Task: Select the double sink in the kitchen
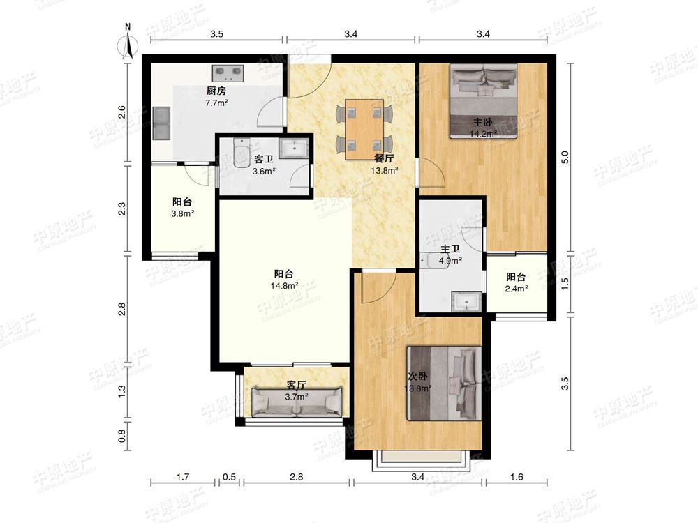[161, 123]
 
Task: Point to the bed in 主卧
[484, 100]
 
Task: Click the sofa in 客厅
[297, 402]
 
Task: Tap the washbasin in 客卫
[293, 148]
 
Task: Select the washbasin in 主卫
[466, 301]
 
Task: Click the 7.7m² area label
[217, 103]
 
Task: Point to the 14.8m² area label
[284, 285]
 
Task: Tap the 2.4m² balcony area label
[517, 288]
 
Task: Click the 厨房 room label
[216, 91]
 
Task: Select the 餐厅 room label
[384, 158]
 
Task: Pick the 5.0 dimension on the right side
[565, 158]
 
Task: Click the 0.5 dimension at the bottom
[229, 477]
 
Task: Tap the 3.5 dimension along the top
[217, 33]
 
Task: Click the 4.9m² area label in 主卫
[450, 261]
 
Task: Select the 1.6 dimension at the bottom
[517, 477]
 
